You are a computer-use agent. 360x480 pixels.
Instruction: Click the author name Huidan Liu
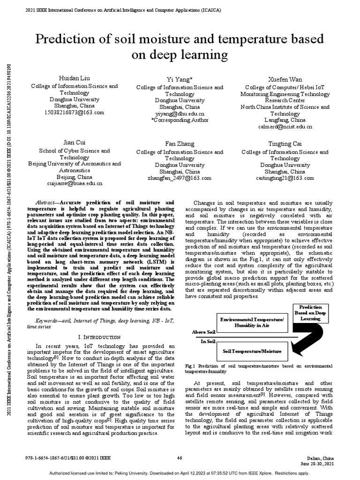coord(74,77)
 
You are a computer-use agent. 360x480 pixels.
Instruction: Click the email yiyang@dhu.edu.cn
coord(180,114)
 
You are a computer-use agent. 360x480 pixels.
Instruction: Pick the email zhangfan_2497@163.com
coord(180,178)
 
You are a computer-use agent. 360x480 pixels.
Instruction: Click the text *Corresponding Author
coord(180,120)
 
